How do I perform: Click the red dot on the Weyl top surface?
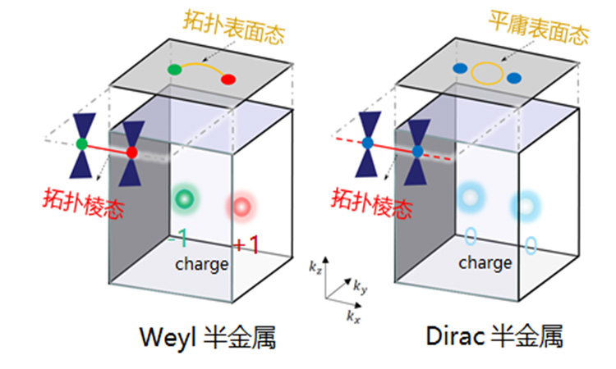click(228, 79)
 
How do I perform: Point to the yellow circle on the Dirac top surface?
click(485, 74)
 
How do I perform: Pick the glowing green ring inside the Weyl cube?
click(186, 198)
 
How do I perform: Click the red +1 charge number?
click(247, 244)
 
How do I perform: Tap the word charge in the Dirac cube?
click(485, 263)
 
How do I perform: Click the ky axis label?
click(361, 287)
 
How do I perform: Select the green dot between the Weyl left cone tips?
click(81, 143)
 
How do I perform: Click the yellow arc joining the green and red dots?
click(200, 63)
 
